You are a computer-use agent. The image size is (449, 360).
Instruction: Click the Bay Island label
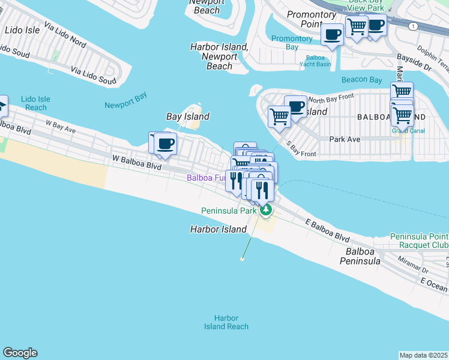pos(187,116)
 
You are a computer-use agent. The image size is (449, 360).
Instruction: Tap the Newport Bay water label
pos(125,105)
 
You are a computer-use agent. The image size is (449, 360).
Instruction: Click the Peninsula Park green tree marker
pos(266,210)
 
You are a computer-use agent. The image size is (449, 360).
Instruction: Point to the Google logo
pos(20,353)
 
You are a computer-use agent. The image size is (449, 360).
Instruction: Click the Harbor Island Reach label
pos(226,322)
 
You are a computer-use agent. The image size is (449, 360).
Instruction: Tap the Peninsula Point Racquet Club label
pos(418,241)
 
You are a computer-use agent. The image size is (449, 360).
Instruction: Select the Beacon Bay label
pos(361,80)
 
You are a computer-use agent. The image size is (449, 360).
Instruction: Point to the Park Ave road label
pos(345,139)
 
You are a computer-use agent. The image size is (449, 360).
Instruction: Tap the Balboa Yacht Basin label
pos(315,61)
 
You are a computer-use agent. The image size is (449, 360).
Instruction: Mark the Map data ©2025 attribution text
pos(424,355)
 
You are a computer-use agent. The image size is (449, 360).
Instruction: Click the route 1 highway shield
pos(412,26)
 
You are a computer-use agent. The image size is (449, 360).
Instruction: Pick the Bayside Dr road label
pos(414,63)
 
